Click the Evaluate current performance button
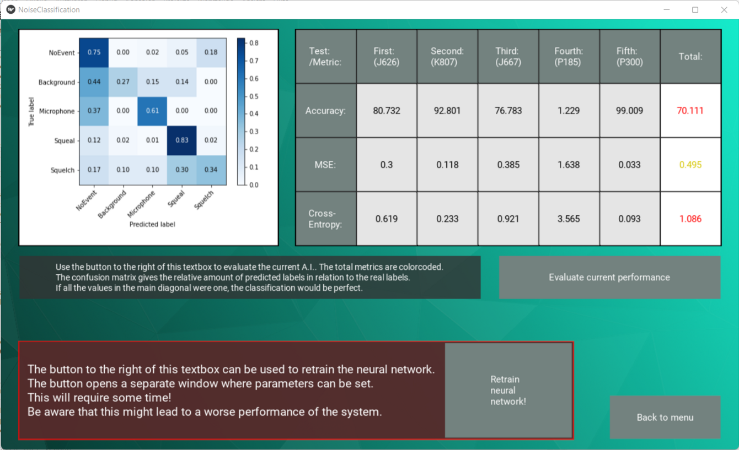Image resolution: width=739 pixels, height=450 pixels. pyautogui.click(x=609, y=277)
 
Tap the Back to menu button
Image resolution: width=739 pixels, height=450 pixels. pyautogui.click(x=665, y=417)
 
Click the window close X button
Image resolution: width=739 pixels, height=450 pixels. pyautogui.click(x=724, y=10)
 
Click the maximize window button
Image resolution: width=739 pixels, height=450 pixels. pyautogui.click(x=695, y=10)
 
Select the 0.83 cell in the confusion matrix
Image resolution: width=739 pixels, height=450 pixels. pyautogui.click(x=182, y=140)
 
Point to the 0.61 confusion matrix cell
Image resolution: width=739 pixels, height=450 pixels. pyautogui.click(x=152, y=111)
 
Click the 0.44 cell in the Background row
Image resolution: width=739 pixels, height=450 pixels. pyautogui.click(x=94, y=82)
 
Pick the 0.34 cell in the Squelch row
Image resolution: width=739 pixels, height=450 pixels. pyautogui.click(x=211, y=170)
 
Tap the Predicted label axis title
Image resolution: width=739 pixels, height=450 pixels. pyautogui.click(x=152, y=224)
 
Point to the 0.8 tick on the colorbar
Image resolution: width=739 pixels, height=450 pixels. pyautogui.click(x=255, y=43)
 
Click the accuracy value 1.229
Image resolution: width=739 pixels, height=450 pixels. pyautogui.click(x=569, y=111)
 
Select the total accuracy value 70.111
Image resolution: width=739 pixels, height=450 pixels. pyautogui.click(x=690, y=111)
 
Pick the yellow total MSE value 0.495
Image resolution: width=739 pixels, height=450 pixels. pyautogui.click(x=690, y=165)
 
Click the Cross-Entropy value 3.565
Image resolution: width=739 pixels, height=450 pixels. pyautogui.click(x=569, y=219)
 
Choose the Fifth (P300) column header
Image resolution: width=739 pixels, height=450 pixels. pyautogui.click(x=629, y=56)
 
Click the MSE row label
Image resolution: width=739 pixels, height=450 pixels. pyautogui.click(x=325, y=165)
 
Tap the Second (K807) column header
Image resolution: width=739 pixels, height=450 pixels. pyautogui.click(x=447, y=56)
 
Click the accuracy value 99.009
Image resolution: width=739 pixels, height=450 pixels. pyautogui.click(x=629, y=111)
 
